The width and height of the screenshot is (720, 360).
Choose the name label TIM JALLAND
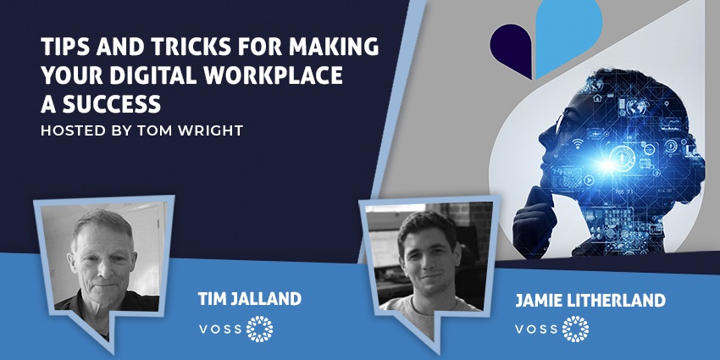[x=249, y=299]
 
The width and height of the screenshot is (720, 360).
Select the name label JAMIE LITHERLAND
[x=590, y=301]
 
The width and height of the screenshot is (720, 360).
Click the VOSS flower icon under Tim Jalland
[x=259, y=329]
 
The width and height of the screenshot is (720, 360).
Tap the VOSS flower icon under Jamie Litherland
[x=575, y=329]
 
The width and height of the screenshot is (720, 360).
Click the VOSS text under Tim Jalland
[x=220, y=330]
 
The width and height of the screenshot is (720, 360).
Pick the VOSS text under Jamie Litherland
[x=536, y=330]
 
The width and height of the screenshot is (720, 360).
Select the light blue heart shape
[x=568, y=35]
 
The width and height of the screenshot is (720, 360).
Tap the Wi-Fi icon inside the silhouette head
[x=578, y=145]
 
